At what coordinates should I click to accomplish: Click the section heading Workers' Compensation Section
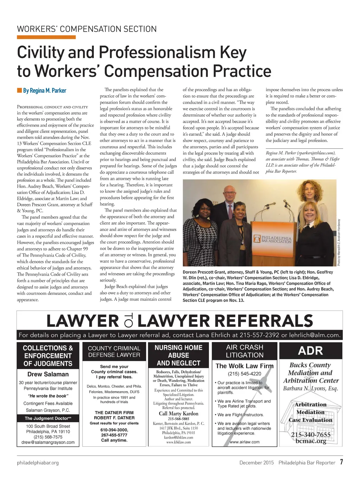point(87,29)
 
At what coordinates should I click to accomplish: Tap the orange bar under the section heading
point(46,37)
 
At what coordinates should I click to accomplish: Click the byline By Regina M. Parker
point(44,91)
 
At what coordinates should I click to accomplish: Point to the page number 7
point(341,462)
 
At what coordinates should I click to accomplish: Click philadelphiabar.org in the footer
point(38,463)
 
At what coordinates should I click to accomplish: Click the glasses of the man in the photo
point(230,193)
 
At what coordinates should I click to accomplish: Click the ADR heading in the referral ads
point(310,351)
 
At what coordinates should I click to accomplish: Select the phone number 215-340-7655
point(311,435)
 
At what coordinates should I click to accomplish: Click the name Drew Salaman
point(48,374)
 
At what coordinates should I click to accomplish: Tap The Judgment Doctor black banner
point(48,418)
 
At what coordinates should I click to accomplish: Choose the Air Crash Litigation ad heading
point(245,351)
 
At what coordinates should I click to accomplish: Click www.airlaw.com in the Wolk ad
point(244,442)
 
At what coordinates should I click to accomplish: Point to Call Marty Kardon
point(178,413)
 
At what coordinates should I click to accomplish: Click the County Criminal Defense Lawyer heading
point(114,351)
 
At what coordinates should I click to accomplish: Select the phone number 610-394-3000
point(114,430)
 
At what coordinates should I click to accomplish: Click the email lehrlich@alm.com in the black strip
point(315,335)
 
